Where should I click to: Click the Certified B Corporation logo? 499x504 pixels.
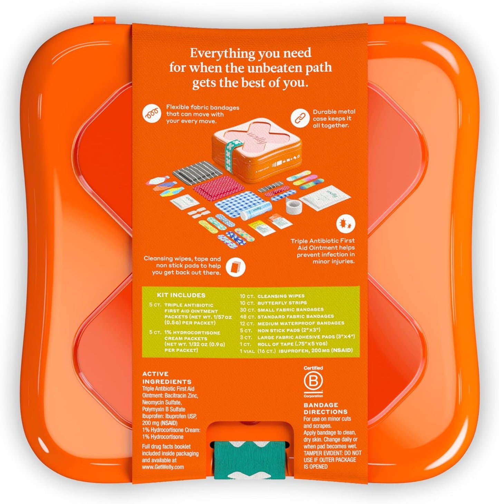tap(313, 382)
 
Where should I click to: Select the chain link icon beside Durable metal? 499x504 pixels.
tap(299, 118)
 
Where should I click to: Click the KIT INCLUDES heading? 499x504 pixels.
tap(181, 295)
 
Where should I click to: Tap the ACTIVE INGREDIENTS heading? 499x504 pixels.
tap(166, 377)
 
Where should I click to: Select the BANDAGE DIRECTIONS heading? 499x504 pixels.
tap(325, 408)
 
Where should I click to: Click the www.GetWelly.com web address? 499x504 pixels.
tap(163, 466)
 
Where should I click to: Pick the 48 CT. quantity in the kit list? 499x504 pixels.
tap(248, 317)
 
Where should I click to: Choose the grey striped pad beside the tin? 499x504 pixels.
tap(195, 171)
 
